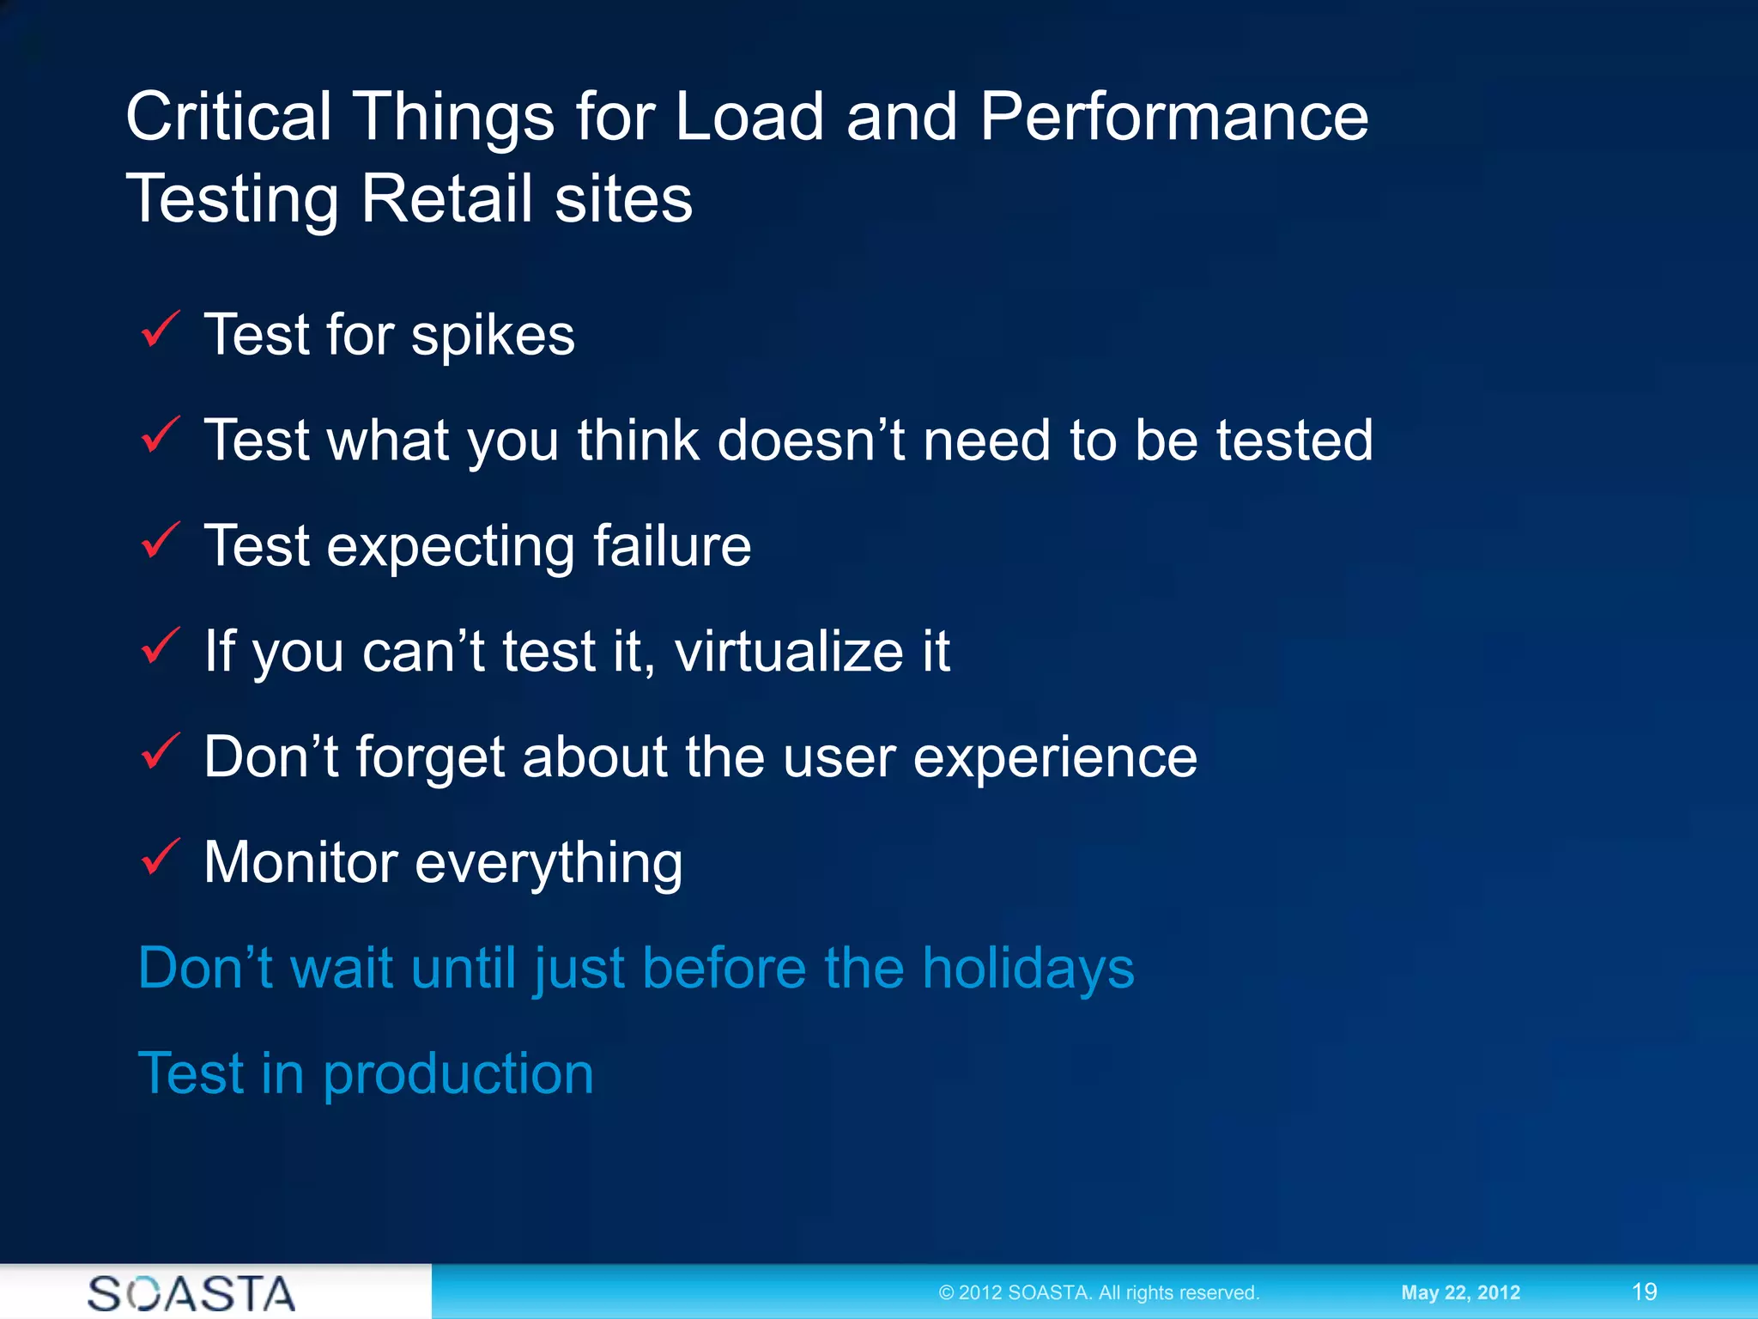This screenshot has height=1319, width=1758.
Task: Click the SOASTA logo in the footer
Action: point(191,1293)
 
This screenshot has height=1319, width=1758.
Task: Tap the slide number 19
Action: point(1644,1292)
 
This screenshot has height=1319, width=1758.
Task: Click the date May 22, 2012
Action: point(1460,1292)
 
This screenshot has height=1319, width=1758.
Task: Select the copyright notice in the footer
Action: point(1099,1292)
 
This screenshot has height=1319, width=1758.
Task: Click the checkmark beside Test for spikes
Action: point(160,331)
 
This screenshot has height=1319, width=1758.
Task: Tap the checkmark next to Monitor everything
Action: point(160,858)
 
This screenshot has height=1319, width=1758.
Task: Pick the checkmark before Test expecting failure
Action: point(160,542)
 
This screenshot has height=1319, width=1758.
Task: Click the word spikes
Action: point(493,337)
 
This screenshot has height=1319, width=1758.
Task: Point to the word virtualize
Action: point(789,651)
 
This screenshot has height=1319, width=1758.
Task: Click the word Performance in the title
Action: point(1173,117)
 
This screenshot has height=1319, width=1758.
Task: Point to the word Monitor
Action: point(300,862)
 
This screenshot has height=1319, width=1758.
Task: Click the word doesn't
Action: point(810,441)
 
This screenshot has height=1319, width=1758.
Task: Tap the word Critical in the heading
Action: point(228,117)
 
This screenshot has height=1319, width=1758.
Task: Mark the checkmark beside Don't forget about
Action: point(160,752)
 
